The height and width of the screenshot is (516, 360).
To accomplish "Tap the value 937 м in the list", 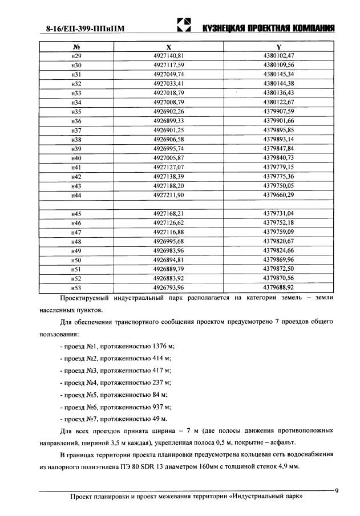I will click(164, 407).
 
